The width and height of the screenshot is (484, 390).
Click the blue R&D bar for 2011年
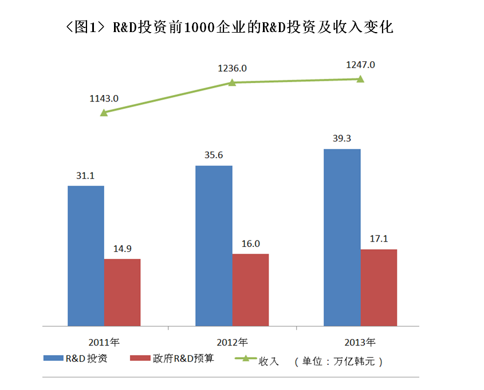[86, 255]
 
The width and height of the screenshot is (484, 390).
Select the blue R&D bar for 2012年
[214, 246]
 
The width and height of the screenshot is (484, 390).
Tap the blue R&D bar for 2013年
[342, 237]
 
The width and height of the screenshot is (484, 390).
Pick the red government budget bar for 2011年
[122, 292]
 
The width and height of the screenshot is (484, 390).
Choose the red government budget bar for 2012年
[250, 290]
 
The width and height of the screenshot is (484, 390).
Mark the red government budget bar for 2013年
[379, 287]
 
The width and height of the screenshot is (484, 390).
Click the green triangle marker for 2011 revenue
[104, 112]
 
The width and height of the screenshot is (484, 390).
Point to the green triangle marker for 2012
[232, 82]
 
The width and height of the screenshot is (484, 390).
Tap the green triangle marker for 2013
[360, 79]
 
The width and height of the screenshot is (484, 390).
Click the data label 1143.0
[104, 99]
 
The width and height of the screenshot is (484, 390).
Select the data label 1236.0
[232, 68]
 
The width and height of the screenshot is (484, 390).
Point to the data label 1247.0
[360, 65]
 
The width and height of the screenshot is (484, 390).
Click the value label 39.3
[342, 139]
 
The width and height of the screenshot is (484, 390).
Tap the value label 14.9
[122, 249]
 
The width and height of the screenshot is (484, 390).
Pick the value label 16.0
[250, 243]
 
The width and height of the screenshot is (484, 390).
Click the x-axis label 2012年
[232, 342]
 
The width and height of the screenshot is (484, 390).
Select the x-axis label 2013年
[360, 342]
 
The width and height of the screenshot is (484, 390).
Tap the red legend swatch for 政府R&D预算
[140, 359]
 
